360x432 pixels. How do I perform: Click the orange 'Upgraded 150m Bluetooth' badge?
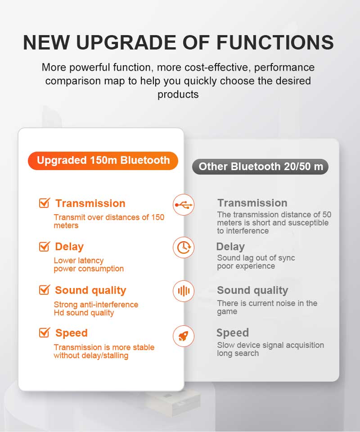point(103,161)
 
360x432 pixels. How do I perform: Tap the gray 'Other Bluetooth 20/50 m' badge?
point(261,166)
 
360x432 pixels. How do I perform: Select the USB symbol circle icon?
point(184,205)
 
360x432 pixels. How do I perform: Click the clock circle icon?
point(184,247)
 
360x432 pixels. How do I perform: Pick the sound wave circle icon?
point(184,291)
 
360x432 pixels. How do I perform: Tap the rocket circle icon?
point(184,336)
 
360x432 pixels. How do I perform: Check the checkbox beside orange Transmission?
point(44,203)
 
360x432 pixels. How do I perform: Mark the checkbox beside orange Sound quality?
point(44,290)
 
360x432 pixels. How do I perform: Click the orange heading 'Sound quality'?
point(90,290)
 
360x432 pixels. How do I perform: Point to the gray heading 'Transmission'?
point(252,203)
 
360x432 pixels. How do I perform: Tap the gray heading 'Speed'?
point(233,333)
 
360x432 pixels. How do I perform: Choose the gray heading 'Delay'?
point(230,247)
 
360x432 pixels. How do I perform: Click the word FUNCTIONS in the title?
point(275,42)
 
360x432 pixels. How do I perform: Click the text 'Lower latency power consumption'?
point(89,265)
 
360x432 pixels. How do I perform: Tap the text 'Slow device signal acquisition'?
point(270,345)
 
